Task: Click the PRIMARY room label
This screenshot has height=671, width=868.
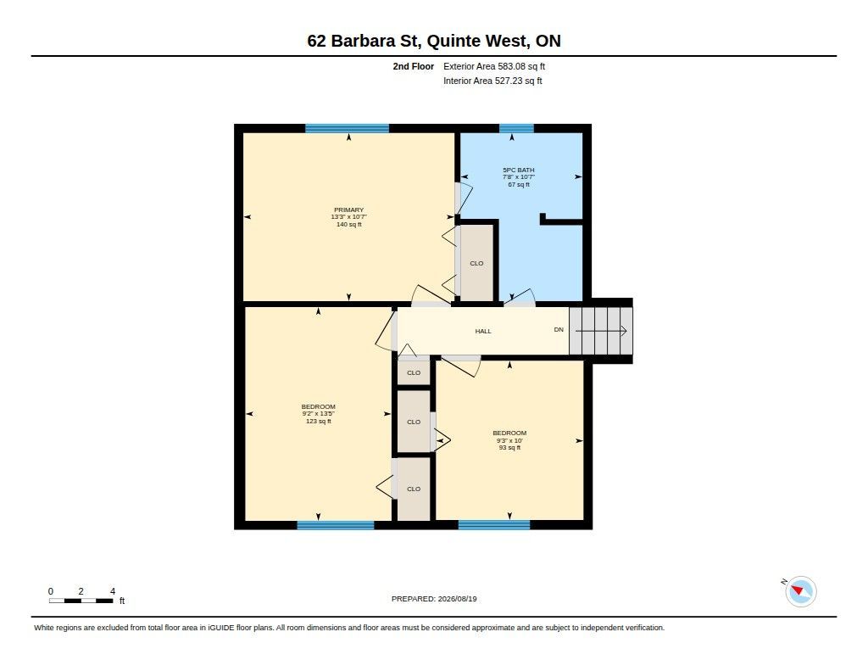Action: tap(348, 210)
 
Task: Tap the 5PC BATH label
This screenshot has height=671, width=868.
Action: tap(519, 171)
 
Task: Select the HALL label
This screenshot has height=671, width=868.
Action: tap(483, 332)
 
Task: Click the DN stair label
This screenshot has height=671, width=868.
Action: tap(559, 330)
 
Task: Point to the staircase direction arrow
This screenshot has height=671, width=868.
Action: tap(601, 332)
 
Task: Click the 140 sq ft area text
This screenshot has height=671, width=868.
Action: tap(348, 225)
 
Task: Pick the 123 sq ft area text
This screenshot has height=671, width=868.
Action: tap(319, 421)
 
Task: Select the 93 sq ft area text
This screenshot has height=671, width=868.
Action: tap(509, 448)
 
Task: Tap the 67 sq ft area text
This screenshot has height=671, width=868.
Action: tap(519, 185)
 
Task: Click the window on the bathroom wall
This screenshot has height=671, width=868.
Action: tap(516, 129)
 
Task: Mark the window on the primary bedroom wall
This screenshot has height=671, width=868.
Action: tap(347, 129)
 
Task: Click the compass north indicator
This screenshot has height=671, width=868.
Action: tap(800, 591)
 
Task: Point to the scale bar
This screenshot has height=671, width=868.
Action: tap(81, 601)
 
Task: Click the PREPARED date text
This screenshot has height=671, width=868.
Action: tap(434, 599)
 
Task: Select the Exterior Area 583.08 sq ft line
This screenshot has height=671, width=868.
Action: tap(494, 66)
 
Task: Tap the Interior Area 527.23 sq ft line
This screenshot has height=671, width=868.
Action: tap(492, 81)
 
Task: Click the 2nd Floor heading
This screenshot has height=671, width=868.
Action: tap(414, 66)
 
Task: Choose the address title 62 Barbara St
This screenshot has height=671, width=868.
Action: tap(434, 41)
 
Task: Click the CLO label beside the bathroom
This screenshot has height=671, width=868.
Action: tap(476, 263)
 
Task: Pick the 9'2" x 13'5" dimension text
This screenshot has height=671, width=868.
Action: tap(319, 414)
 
